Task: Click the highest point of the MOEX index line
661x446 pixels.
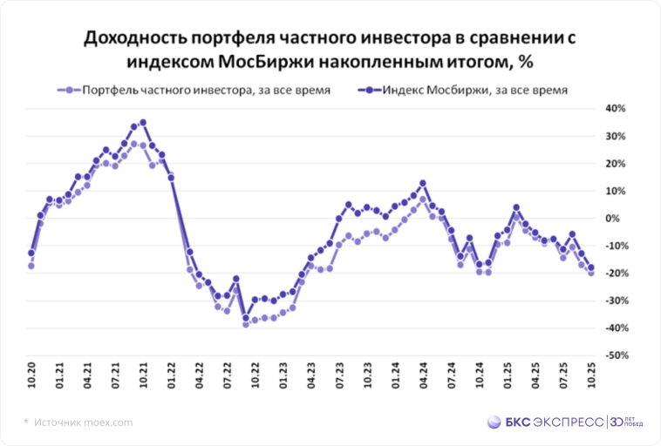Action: (x=143, y=123)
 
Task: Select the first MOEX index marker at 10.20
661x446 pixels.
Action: (x=31, y=253)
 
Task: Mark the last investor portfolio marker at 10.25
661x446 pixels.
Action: (x=591, y=273)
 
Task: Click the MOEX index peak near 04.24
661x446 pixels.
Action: (x=423, y=184)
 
